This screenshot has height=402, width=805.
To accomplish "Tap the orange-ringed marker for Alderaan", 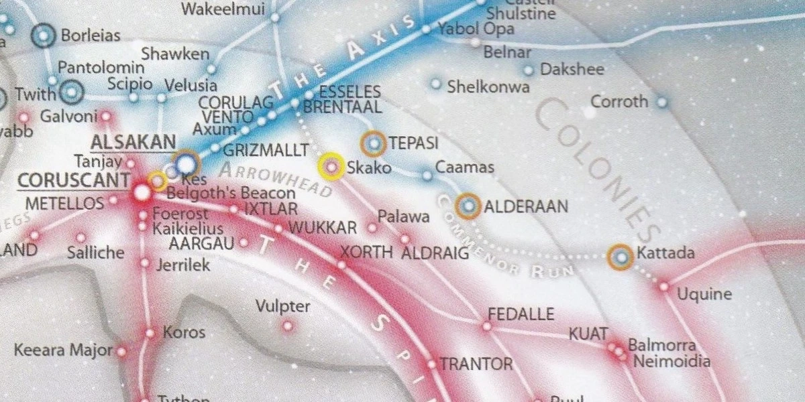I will tap(469, 206).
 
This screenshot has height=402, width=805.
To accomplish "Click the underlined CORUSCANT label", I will tap(74, 181).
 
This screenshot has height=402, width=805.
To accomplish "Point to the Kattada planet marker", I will tap(621, 257).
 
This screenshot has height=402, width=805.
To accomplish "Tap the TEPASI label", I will tap(413, 143).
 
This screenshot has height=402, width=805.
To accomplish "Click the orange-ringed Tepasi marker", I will tap(374, 143).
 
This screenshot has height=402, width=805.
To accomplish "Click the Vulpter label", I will tap(283, 307).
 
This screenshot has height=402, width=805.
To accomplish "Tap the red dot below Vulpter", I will tap(288, 326).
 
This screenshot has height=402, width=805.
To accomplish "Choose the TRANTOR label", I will tap(476, 364).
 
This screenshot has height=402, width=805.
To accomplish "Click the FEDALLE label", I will tap(521, 314).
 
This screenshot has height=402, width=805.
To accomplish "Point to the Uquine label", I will tap(704, 293).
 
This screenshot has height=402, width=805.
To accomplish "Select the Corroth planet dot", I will tap(662, 103).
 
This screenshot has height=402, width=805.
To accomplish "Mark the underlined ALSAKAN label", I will tap(133, 142).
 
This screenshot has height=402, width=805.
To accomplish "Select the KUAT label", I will tap(588, 334).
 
